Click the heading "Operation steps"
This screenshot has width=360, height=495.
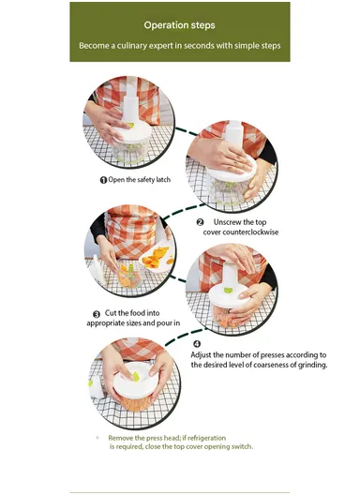click(x=179, y=25)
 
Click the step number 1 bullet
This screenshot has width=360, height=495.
click(x=103, y=180)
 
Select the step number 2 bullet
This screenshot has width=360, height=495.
click(x=200, y=222)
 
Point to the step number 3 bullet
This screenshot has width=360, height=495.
click(x=97, y=314)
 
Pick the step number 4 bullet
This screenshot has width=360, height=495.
click(x=197, y=344)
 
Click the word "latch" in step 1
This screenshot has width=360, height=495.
click(x=163, y=180)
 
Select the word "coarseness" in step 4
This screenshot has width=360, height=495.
click(x=271, y=365)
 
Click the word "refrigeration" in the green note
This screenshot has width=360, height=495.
click(x=207, y=438)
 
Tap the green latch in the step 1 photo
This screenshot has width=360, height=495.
click(x=130, y=126)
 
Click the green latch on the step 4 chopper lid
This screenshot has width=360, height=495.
click(x=228, y=290)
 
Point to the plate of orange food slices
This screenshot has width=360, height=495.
click(x=157, y=256)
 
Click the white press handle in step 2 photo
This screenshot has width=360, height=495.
click(x=234, y=133)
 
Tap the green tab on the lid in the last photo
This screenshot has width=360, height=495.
click(x=136, y=376)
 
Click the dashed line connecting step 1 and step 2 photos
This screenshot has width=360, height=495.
click(x=187, y=132)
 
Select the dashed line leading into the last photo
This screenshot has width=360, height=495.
click(x=185, y=336)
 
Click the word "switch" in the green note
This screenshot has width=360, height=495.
click(x=243, y=446)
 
